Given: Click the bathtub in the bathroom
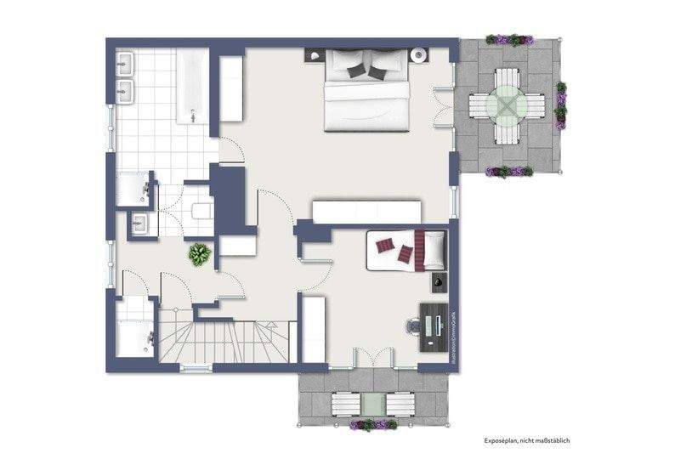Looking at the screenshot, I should pos(193,86).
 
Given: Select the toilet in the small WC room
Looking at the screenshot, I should pos(201,211).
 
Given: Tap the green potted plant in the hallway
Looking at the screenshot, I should pos(200,253).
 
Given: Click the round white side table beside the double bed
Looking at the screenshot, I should pos(418,57).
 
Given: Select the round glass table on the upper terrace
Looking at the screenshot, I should pos(508,105).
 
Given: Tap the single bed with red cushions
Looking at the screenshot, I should pos(406,250).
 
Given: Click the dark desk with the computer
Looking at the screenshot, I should pos(434,326).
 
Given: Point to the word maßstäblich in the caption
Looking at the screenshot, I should pos(551,439).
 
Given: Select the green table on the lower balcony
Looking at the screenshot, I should pos(373,402).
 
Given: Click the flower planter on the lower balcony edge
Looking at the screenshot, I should pos(373,423).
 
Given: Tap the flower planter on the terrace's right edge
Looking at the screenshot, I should pos(561,105).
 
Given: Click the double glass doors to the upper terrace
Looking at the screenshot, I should pos(443,108).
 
